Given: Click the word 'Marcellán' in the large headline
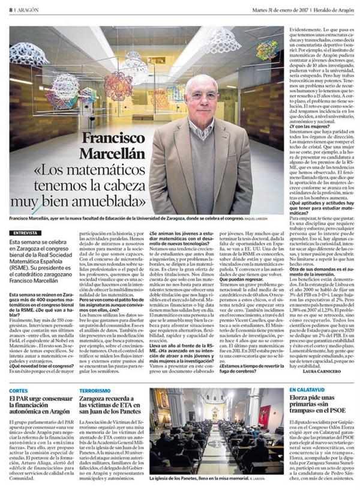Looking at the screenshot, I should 112,172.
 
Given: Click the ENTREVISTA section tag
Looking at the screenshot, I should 25,232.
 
